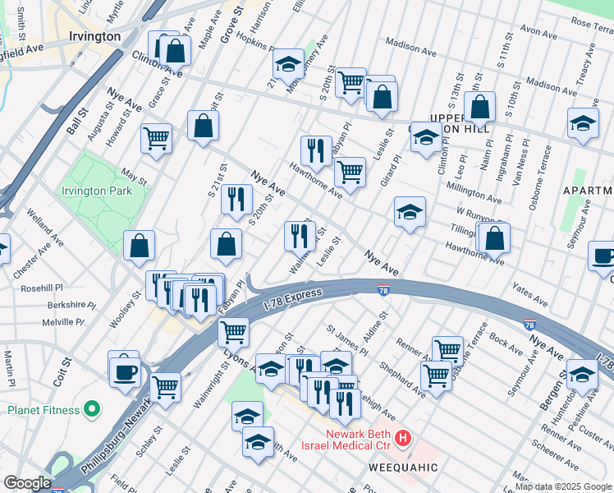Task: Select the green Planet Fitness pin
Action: pos(93,408)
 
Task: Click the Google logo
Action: pos(27,483)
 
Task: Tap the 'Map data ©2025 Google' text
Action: pos(563,487)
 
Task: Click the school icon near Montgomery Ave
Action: pos(288,64)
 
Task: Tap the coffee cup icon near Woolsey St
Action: pos(125,370)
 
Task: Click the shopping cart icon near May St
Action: pos(156,138)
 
